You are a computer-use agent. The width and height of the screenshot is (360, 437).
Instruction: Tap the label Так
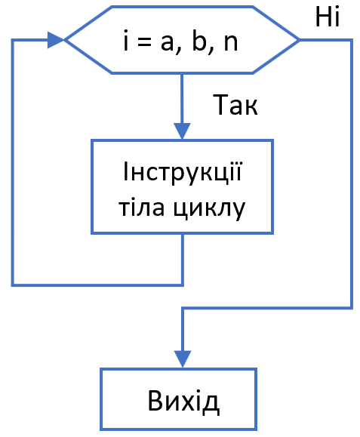(236, 106)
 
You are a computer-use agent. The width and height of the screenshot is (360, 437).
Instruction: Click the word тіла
(140, 207)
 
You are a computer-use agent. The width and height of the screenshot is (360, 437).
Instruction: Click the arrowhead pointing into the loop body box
(183, 130)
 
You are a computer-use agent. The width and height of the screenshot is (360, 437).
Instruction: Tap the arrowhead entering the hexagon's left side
(55, 39)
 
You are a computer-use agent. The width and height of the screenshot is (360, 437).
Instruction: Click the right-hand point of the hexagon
(299, 39)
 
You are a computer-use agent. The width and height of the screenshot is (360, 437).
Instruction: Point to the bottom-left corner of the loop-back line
(13, 285)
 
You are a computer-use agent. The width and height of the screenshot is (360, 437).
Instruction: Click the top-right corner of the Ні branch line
(352, 39)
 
